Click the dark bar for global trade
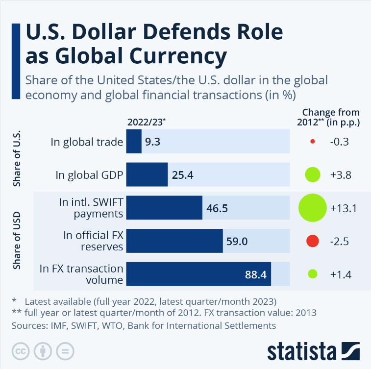pos(134,142)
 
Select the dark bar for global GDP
pos(147,174)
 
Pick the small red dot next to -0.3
pos(312,142)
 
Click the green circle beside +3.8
pos(312,174)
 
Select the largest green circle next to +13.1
pos(312,207)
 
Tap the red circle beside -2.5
pos(312,241)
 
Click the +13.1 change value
pos(343,208)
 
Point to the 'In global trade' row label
pos(87,142)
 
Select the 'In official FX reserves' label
pos(93,241)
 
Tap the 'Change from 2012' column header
pos(328,118)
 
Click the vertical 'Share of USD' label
pos(18,240)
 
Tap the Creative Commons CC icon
pos(20,351)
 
